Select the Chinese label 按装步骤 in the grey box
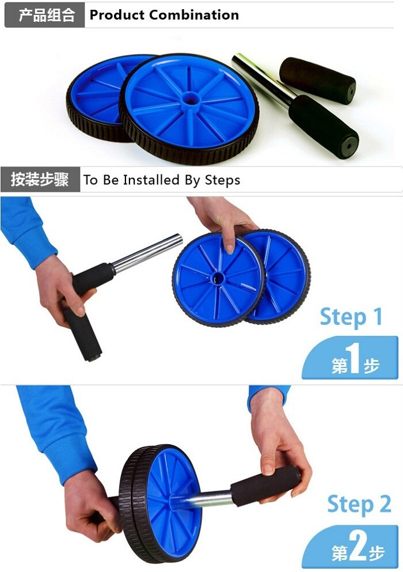point(40,180)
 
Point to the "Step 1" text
point(351,317)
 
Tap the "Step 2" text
point(359,505)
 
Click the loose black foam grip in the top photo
point(317,81)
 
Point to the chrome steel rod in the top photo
point(259,77)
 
